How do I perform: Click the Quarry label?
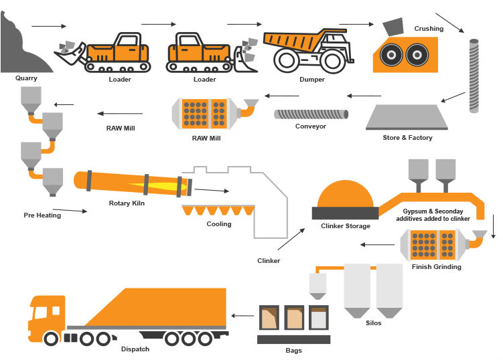point(26,78)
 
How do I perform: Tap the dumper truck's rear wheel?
point(332,61)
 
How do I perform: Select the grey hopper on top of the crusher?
point(393,27)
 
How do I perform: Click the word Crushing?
point(429,29)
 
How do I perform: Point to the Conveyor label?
point(311,126)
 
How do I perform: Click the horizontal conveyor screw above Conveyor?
point(311,114)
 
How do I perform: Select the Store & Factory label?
point(407,138)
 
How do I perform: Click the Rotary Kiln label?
point(127,203)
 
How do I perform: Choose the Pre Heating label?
point(42,215)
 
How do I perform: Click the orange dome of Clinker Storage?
point(346,193)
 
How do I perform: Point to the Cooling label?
point(219,224)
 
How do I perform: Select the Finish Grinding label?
point(437,267)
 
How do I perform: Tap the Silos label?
point(374,323)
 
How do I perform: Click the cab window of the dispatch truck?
point(41,312)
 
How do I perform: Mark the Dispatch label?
point(135,349)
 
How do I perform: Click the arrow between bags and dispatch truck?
point(242,316)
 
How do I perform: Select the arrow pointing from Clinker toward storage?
point(291,239)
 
